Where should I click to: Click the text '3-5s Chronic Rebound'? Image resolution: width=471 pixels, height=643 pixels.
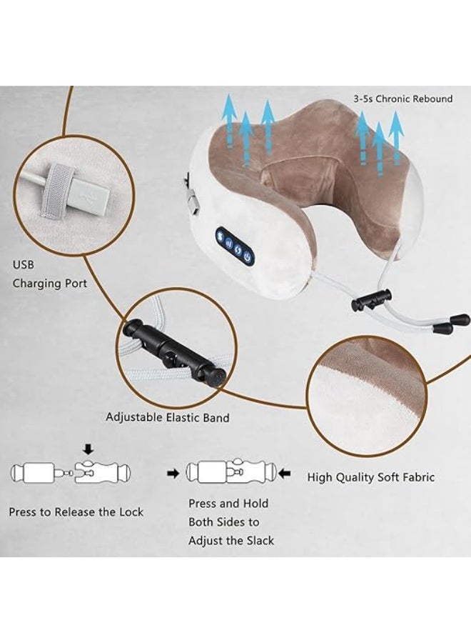pyautogui.click(x=403, y=99)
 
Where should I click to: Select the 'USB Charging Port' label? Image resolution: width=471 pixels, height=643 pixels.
pyautogui.click(x=49, y=274)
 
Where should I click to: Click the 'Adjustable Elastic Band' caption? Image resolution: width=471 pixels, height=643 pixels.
pyautogui.click(x=168, y=417)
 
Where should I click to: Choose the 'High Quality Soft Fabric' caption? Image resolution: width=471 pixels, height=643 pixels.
pyautogui.click(x=371, y=477)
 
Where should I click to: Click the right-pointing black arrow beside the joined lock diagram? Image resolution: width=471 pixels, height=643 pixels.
pyautogui.click(x=173, y=473)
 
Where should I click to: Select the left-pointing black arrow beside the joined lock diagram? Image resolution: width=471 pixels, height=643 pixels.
pyautogui.click(x=285, y=473)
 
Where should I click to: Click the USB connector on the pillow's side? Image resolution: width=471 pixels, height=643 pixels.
pyautogui.click(x=191, y=204)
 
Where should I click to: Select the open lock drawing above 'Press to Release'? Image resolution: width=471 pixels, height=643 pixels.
pyautogui.click(x=71, y=472)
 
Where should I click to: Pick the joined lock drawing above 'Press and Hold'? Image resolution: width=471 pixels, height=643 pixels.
pyautogui.click(x=229, y=472)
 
